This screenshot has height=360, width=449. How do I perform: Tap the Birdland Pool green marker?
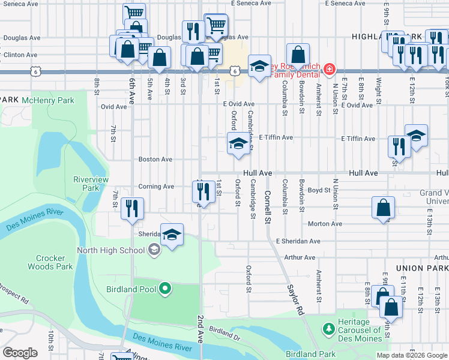166,290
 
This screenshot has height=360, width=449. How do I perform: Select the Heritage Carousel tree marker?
328,329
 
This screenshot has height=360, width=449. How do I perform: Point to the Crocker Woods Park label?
50,262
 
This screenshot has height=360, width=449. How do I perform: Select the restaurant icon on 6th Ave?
130,209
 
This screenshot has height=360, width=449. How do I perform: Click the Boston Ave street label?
155,160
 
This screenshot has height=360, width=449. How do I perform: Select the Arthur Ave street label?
300,257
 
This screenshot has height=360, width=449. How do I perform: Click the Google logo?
20,353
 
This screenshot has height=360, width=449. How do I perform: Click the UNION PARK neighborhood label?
422,268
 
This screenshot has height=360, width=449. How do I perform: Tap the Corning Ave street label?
156,187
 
